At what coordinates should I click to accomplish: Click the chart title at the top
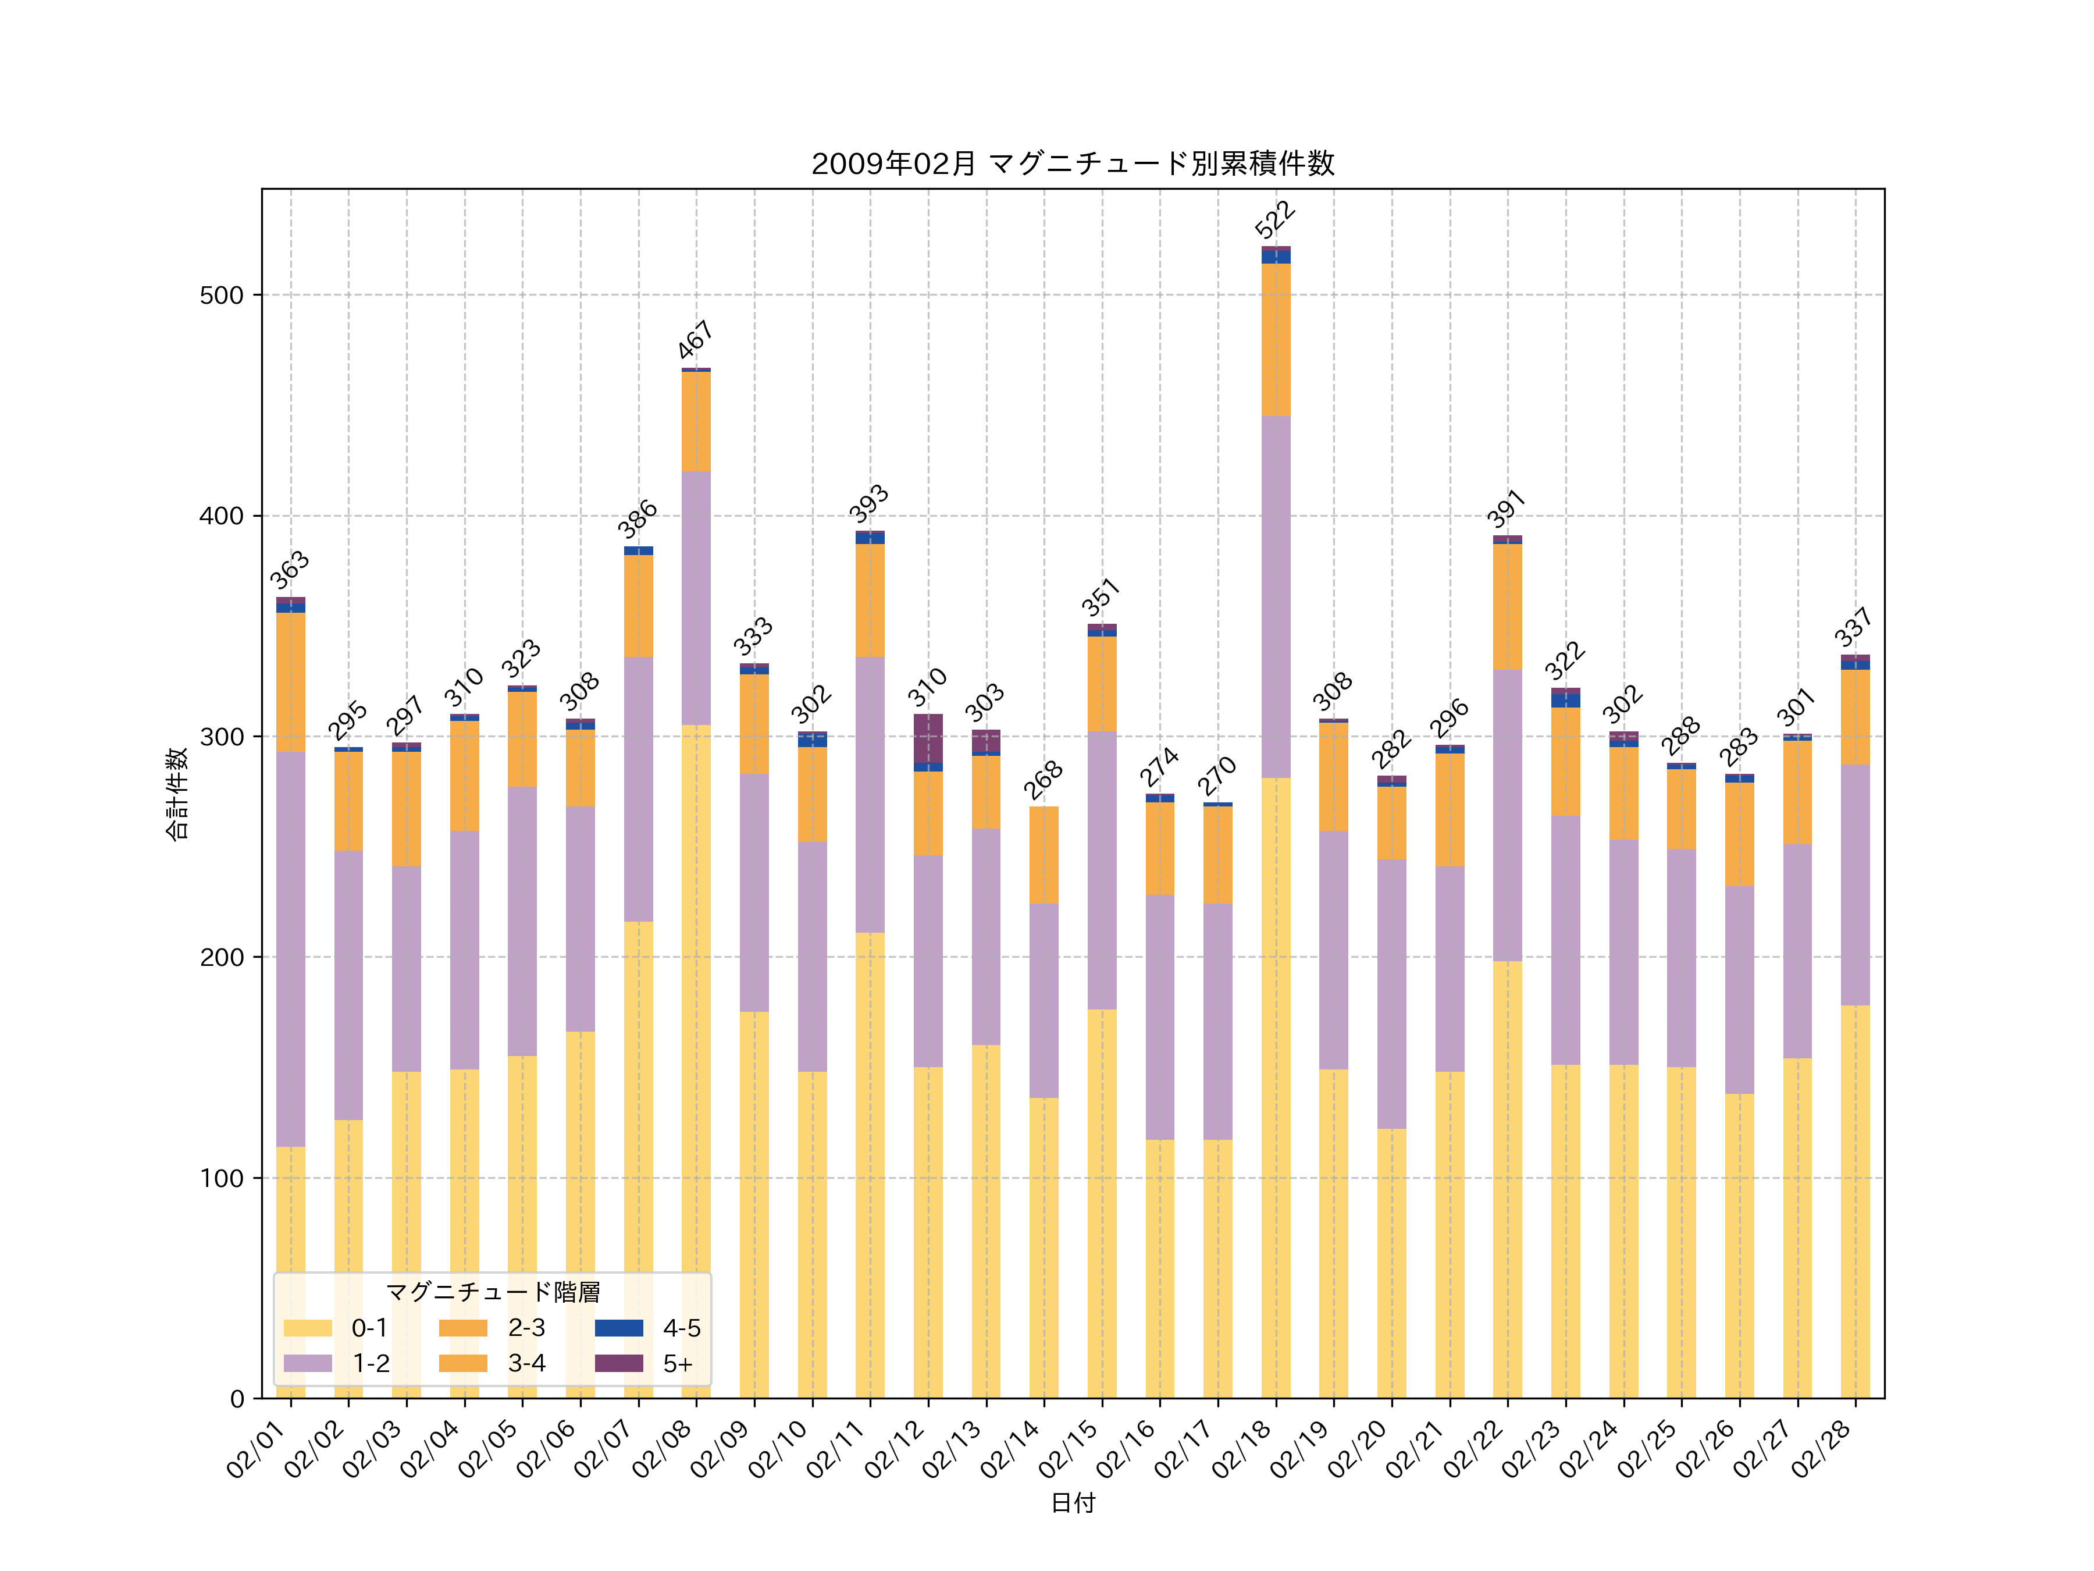pyautogui.click(x=1073, y=164)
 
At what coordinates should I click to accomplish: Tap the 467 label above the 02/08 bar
pyautogui.click(x=695, y=340)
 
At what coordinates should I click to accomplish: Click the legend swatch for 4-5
pyautogui.click(x=618, y=1328)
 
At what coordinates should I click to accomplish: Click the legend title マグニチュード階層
pyautogui.click(x=492, y=1292)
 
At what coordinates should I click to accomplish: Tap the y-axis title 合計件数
pyautogui.click(x=177, y=794)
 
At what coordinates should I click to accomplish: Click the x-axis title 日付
pyautogui.click(x=1073, y=1503)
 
